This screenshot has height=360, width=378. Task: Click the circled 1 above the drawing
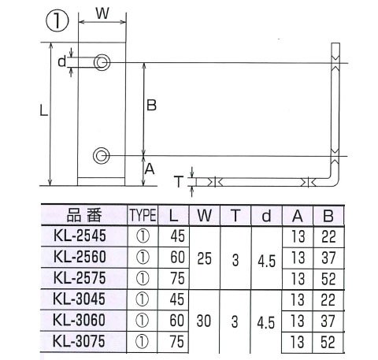pyautogui.click(x=57, y=20)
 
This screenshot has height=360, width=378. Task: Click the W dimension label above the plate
pyautogui.click(x=102, y=13)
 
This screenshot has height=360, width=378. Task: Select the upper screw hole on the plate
pyautogui.click(x=102, y=62)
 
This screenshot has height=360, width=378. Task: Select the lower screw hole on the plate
pyautogui.click(x=101, y=156)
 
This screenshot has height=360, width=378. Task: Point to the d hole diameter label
pyautogui.click(x=62, y=61)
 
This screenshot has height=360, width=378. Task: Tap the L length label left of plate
pyautogui.click(x=43, y=110)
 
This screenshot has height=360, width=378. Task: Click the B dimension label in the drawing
pyautogui.click(x=151, y=106)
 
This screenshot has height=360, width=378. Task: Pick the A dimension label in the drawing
pyautogui.click(x=150, y=169)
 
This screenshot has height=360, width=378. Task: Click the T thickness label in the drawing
pyautogui.click(x=179, y=182)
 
